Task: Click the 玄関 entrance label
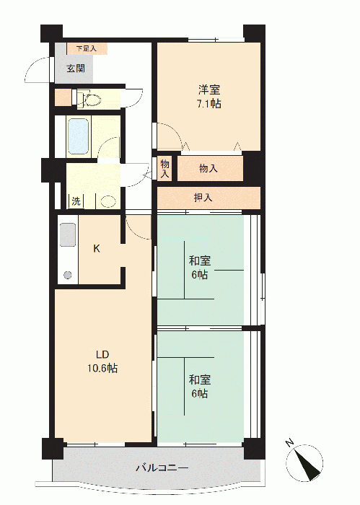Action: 76,69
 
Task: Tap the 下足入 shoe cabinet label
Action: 87,49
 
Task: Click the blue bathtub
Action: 79,136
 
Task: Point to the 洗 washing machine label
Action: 76,201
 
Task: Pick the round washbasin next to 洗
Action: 108,201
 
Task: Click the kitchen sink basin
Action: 68,234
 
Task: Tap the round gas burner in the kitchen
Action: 68,275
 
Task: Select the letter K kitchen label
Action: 97,248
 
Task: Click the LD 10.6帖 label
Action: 102,361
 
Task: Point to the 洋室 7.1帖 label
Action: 209,96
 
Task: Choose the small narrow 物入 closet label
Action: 165,169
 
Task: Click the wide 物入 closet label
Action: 208,168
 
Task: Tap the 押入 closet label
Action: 203,198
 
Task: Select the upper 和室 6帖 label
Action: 200,268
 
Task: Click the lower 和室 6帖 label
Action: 200,386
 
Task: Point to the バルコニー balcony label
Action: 162,467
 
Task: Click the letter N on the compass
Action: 290,443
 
